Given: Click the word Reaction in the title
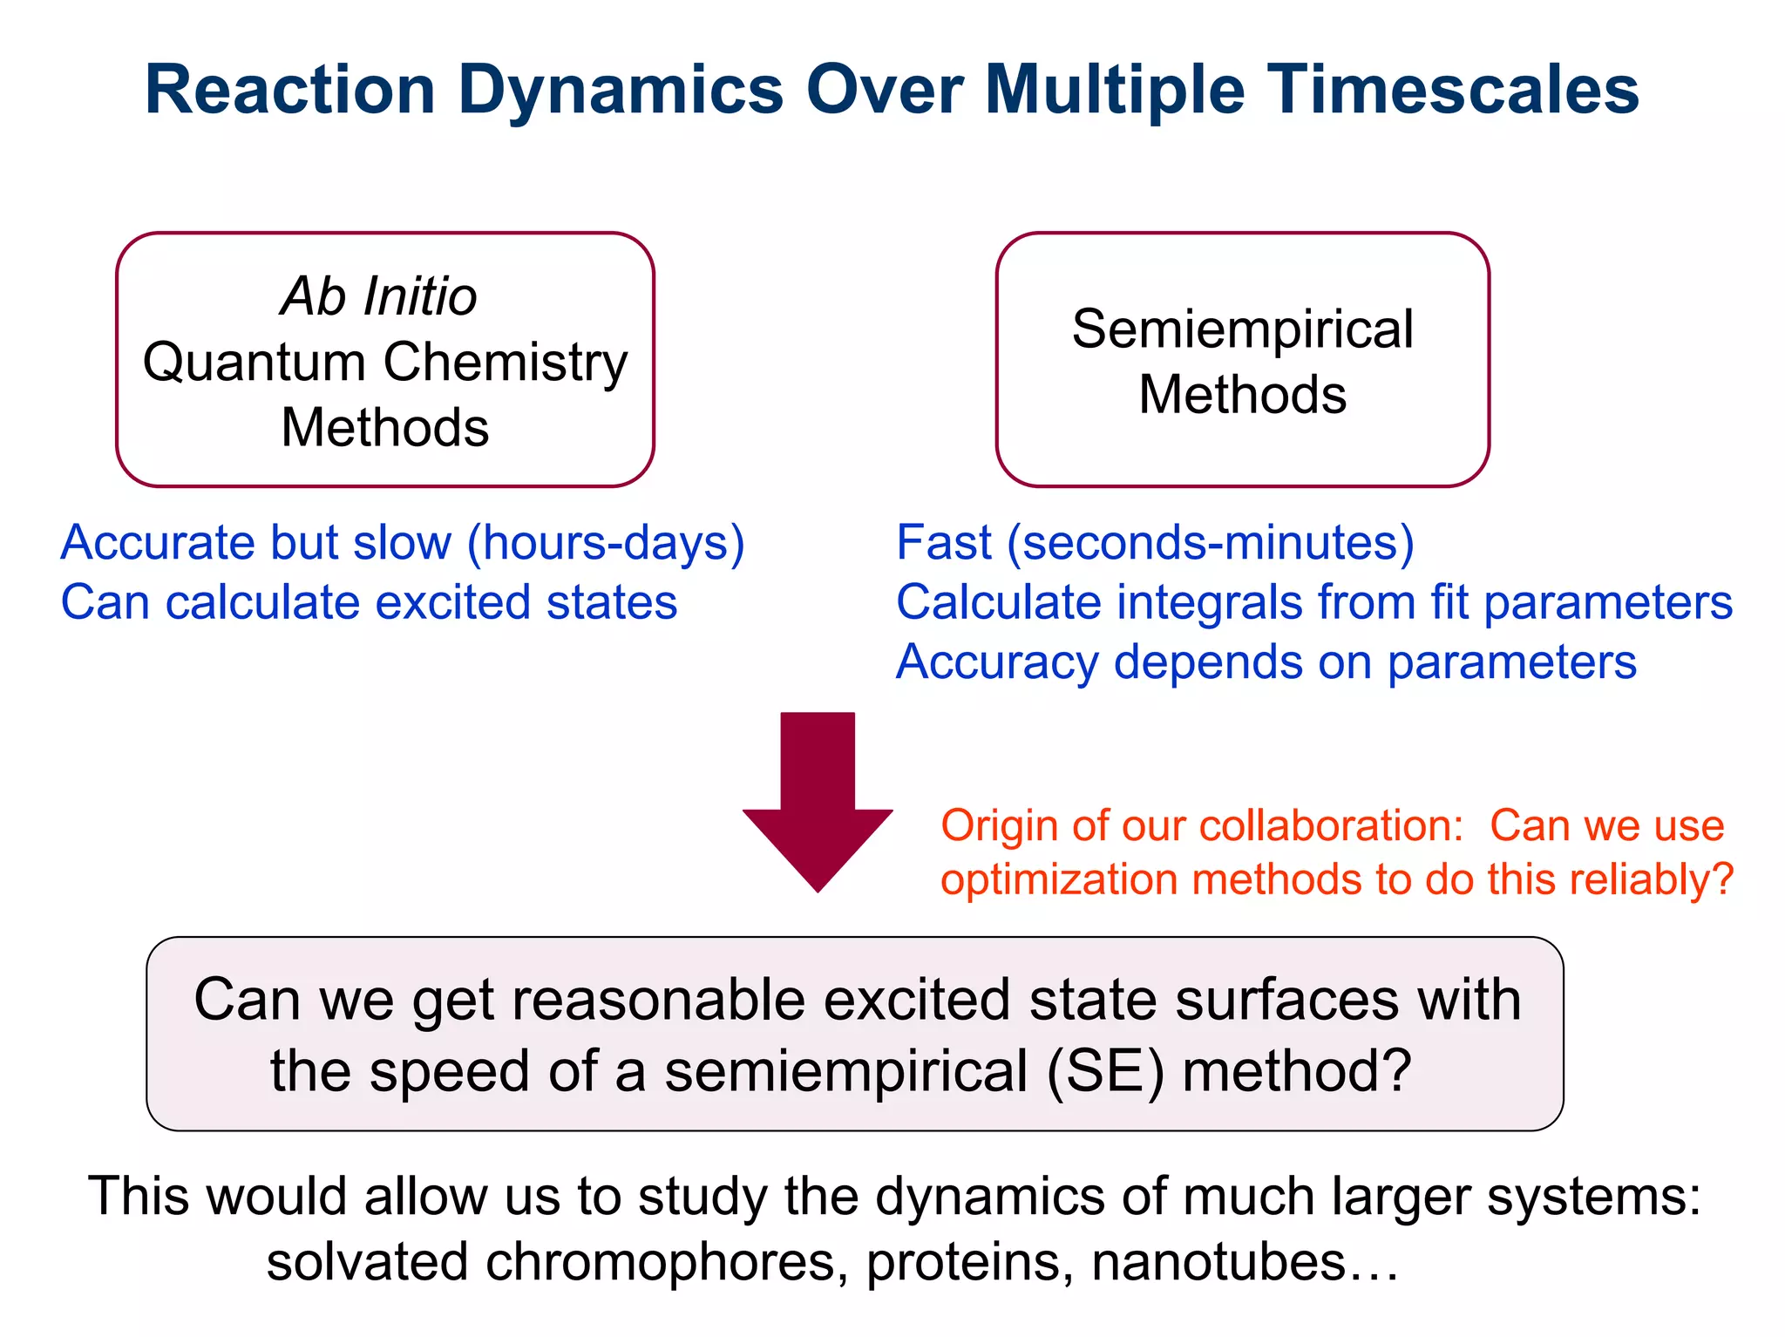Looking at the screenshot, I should pyautogui.click(x=289, y=90).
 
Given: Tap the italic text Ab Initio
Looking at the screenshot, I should pyautogui.click(x=379, y=296).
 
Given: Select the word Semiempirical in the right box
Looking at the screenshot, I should pyautogui.click(x=1242, y=329).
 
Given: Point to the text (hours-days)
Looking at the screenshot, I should pyautogui.click(x=606, y=542).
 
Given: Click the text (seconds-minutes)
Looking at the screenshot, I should pyautogui.click(x=1211, y=542).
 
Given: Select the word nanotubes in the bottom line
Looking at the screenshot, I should pyautogui.click(x=1219, y=1261).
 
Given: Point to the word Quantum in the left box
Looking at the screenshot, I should pyautogui.click(x=254, y=362).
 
